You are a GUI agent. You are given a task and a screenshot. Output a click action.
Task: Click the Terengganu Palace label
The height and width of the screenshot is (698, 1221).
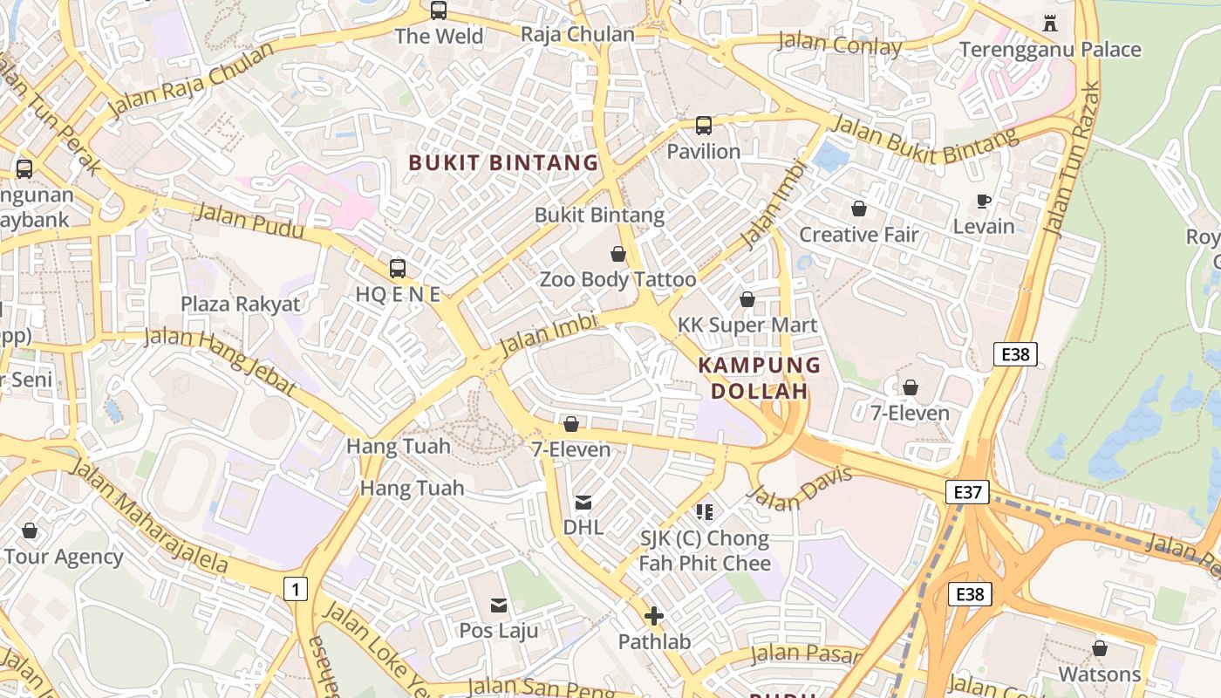tap(1050, 50)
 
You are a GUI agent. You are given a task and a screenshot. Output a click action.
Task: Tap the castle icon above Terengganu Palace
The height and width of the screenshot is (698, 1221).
tap(1050, 24)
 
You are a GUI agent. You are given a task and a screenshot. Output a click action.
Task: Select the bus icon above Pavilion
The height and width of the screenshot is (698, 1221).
tap(704, 126)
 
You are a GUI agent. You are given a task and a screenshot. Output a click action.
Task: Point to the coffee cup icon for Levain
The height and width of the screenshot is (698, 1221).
tap(984, 202)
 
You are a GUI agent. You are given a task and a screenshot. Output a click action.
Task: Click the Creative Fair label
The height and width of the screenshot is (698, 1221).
tap(859, 235)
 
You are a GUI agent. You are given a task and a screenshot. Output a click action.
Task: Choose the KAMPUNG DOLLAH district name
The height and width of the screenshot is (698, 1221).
tap(760, 378)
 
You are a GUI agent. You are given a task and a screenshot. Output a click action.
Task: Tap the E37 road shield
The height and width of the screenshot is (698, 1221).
tap(967, 492)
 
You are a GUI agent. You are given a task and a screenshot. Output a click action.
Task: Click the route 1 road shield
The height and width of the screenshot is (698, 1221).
tap(296, 589)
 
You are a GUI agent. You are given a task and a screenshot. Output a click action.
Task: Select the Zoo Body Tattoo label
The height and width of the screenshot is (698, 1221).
tap(617, 280)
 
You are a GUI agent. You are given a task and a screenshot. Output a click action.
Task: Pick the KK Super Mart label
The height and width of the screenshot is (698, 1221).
tap(747, 325)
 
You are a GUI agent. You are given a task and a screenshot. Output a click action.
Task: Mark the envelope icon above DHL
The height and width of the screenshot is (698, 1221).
tap(583, 503)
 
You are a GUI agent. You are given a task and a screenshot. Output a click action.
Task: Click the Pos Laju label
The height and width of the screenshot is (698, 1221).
tap(499, 630)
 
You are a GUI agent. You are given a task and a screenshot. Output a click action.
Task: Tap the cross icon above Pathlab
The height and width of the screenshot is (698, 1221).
tap(654, 617)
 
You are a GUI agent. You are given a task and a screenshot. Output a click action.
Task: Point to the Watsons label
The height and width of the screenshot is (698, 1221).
tap(1099, 674)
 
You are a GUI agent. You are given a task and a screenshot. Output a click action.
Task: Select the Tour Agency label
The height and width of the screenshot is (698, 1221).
tap(64, 557)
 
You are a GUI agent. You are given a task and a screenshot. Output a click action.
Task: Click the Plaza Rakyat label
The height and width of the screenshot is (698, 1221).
tap(240, 305)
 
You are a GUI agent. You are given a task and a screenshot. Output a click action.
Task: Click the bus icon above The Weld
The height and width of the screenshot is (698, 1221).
tap(439, 10)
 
